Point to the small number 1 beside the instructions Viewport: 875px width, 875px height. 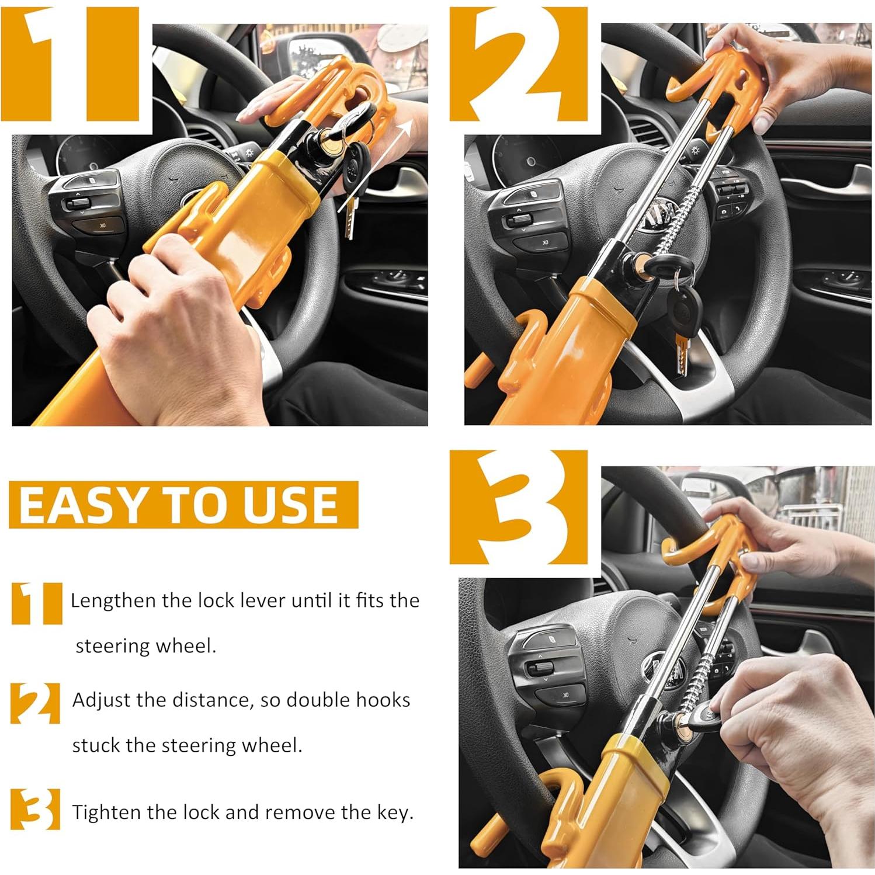36,603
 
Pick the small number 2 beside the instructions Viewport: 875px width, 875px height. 35,703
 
